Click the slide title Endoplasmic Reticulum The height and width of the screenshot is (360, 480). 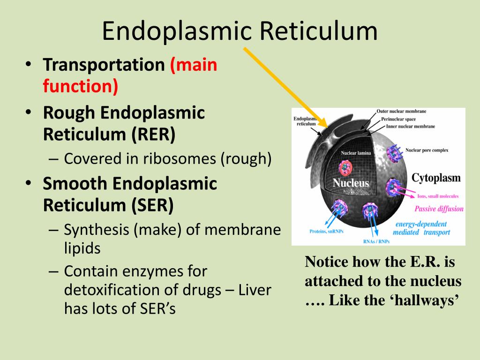[240, 31]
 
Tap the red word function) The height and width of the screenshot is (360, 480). [80, 86]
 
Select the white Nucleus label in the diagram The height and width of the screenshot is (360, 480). [351, 183]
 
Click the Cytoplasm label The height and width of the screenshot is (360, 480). [436, 178]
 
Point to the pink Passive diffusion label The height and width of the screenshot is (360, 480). [439, 209]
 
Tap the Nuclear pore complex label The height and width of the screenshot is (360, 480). [427, 150]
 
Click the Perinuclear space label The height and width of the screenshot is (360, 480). [405, 119]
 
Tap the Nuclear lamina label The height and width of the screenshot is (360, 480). [356, 153]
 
